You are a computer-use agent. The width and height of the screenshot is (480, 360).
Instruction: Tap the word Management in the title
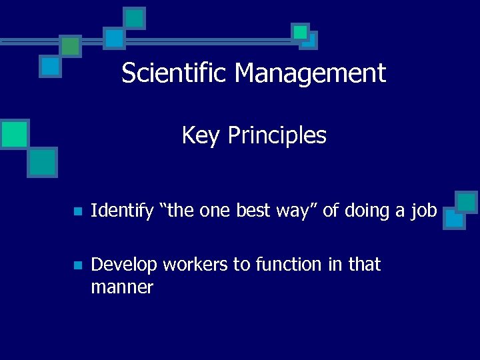pyautogui.click(x=309, y=73)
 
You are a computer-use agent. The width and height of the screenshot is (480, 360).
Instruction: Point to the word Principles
pyautogui.click(x=277, y=135)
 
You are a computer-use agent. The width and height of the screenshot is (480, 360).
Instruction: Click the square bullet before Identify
pyautogui.click(x=77, y=212)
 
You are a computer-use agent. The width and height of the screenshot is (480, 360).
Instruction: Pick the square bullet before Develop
pyautogui.click(x=77, y=265)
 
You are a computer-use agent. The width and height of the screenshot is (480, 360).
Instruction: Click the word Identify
pyautogui.click(x=122, y=211)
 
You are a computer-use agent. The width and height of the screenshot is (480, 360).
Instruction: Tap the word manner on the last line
pyautogui.click(x=122, y=288)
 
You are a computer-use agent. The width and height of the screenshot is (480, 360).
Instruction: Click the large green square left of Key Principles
pyautogui.click(x=14, y=133)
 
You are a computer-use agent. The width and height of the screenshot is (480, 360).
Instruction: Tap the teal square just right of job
pyautogui.click(x=466, y=202)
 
